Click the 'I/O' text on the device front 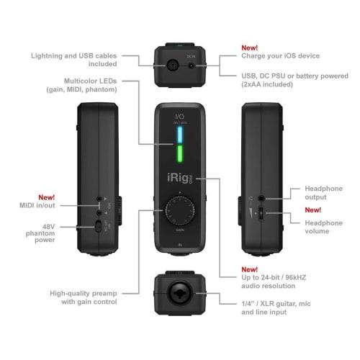179,115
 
